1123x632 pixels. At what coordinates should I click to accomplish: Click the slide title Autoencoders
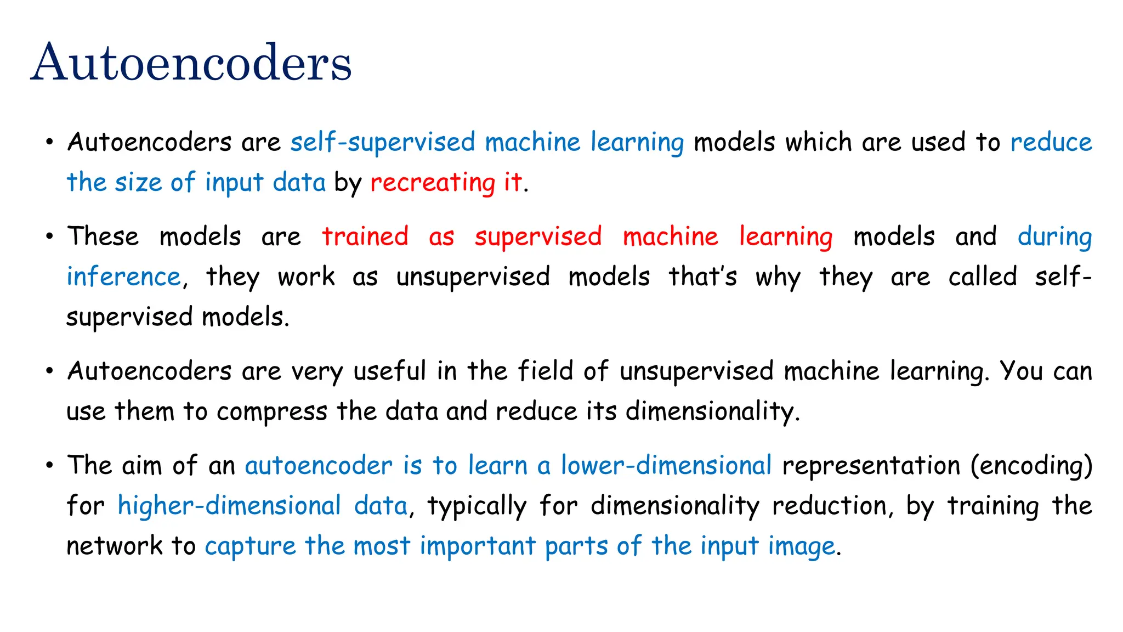pos(191,63)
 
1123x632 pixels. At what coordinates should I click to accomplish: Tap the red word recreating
pos(433,183)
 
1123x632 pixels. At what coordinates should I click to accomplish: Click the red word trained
pos(365,236)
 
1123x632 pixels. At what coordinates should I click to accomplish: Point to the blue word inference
pos(123,276)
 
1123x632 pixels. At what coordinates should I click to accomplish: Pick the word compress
pos(272,411)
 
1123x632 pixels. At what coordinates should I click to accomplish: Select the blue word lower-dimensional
pos(666,465)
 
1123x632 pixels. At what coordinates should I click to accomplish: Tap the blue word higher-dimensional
pos(229,505)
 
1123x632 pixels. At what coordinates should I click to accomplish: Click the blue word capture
pos(250,546)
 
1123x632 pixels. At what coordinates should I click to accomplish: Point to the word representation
pos(871,465)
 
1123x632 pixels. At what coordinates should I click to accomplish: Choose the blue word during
pos(1054,237)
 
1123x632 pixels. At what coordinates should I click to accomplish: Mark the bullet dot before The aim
pos(50,466)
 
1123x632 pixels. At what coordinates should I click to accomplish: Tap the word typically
pos(477,506)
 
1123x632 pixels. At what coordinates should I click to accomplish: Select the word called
pos(983,276)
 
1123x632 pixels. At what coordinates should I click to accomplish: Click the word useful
pos(389,371)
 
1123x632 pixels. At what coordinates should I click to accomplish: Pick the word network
pos(114,546)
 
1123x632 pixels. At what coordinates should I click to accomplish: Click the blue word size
pos(138,182)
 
